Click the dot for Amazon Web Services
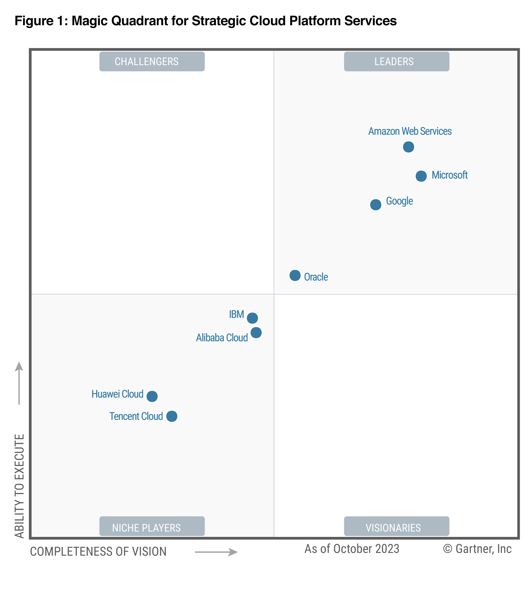[408, 147]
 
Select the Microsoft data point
[421, 176]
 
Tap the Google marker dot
[375, 204]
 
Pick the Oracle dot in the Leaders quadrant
[295, 275]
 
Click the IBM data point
[252, 318]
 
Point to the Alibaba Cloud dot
[256, 332]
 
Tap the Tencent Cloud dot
[172, 416]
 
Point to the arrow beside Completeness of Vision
[216, 552]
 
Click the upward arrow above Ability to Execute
[19, 383]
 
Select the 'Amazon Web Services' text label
[410, 131]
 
